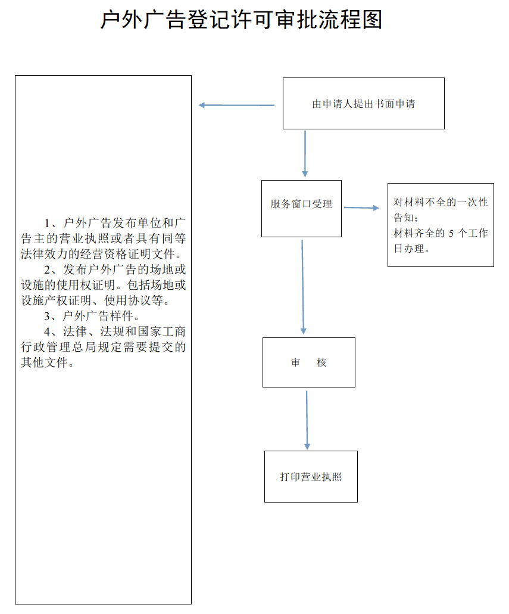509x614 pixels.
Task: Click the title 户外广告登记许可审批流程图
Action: (241, 20)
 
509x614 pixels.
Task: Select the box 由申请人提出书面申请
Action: (363, 103)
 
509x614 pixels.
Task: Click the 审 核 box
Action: (308, 362)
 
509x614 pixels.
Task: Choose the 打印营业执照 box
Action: (311, 476)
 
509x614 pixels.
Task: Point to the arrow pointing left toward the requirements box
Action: (236, 106)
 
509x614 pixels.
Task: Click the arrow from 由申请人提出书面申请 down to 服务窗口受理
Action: (305, 153)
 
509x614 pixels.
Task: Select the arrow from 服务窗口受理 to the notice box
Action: (361, 208)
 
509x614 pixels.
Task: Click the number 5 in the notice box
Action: (451, 233)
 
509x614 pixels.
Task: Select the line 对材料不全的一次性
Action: (441, 202)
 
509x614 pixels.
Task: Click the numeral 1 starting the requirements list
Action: (48, 224)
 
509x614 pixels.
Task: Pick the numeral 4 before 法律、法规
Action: (48, 331)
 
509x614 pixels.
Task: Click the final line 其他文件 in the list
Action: (47, 362)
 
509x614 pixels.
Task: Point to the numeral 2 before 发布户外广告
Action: (48, 270)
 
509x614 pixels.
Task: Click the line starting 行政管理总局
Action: (103, 347)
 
